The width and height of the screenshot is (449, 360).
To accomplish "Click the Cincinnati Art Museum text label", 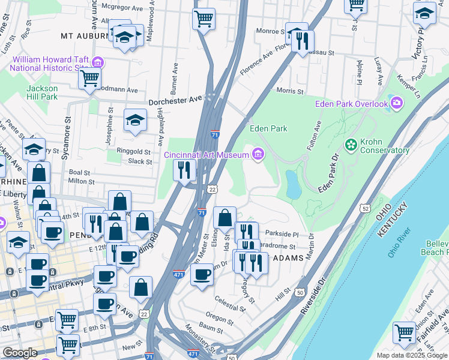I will pos(206,155).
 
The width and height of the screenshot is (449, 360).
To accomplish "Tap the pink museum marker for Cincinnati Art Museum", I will pos(258,154).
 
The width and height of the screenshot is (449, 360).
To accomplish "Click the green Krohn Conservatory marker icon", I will pos(351,145).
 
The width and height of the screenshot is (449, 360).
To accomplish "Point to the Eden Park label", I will pos(268,128).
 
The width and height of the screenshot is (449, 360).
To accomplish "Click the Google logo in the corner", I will pos(20,353).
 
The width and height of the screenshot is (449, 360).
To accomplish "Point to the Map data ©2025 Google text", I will pos(412,355).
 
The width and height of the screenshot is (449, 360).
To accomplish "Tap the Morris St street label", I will pos(290,91).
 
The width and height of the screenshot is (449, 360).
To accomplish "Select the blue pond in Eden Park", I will pos(294,184).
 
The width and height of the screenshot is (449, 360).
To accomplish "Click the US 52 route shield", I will pos(366,208).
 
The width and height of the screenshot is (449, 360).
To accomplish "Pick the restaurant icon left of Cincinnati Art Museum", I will pos(185,170).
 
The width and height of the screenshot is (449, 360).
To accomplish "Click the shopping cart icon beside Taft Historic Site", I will pos(89,78).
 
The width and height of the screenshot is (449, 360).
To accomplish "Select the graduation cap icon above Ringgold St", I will pos(135,121).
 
